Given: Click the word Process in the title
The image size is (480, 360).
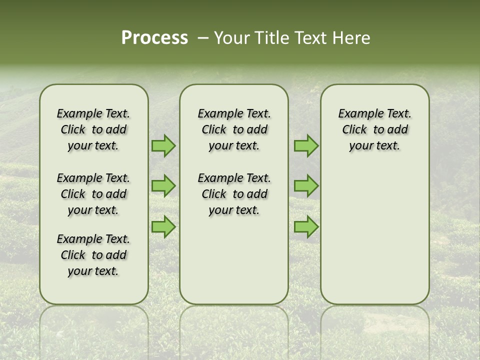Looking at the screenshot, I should (x=154, y=38).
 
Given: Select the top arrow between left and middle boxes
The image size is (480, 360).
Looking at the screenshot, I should (x=163, y=146).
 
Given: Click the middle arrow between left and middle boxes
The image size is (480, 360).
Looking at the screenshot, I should (x=163, y=186).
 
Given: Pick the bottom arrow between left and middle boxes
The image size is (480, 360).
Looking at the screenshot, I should (x=163, y=226).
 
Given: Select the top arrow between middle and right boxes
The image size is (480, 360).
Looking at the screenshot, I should (x=306, y=146).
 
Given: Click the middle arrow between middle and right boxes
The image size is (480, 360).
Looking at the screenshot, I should (x=306, y=186).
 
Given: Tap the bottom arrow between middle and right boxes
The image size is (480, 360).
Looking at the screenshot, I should (x=306, y=226).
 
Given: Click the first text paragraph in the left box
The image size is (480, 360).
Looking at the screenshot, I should (x=93, y=129).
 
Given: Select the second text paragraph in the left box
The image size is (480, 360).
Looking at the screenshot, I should (x=93, y=194).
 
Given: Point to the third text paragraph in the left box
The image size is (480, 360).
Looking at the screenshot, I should (x=93, y=255).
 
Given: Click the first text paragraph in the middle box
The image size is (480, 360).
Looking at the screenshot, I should (x=234, y=129).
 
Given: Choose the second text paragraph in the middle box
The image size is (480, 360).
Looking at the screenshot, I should (x=234, y=194).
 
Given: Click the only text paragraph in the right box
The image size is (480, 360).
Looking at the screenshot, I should (x=374, y=129).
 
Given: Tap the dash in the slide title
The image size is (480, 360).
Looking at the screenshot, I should (x=203, y=38).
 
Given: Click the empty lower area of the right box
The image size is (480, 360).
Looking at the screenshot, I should (x=374, y=240).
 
